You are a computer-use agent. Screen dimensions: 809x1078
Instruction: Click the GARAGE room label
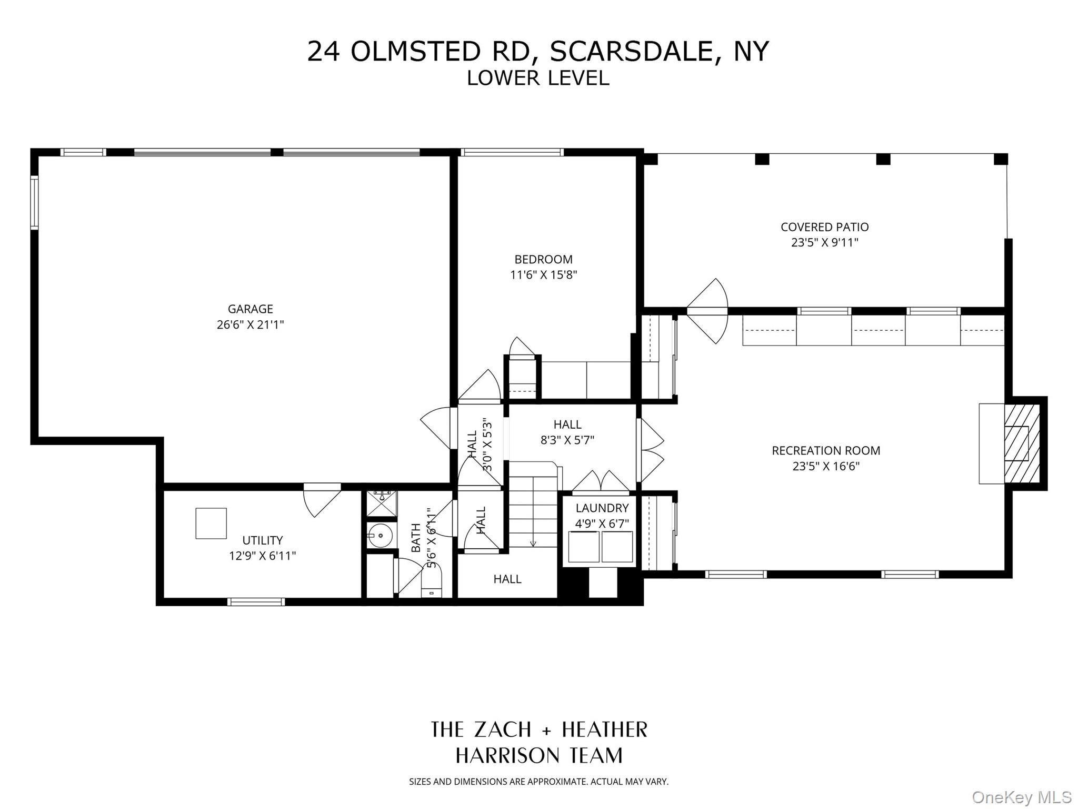pos(250,309)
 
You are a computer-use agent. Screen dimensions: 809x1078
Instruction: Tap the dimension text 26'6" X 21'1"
pos(250,324)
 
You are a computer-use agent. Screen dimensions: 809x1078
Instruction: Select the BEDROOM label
pos(543,259)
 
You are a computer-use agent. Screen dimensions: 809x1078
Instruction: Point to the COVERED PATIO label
pos(824,227)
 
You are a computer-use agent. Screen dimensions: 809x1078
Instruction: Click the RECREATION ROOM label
pos(825,450)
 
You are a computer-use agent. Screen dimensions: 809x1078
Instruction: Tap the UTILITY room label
pos(262,540)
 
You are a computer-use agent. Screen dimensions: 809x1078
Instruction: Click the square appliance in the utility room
pos(211,523)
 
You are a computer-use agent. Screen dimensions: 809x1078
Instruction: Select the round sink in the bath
pos(380,536)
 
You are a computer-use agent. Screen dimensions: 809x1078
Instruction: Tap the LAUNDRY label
pos(602,508)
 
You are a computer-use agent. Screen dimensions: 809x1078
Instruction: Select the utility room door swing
pos(321,500)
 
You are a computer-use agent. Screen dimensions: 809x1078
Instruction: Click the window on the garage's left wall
pos(35,203)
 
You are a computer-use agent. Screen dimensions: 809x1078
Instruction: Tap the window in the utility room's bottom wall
pos(256,601)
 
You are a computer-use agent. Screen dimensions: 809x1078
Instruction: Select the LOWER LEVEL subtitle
pos(537,78)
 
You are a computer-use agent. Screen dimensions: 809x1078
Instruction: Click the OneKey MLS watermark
pos(1021,797)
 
